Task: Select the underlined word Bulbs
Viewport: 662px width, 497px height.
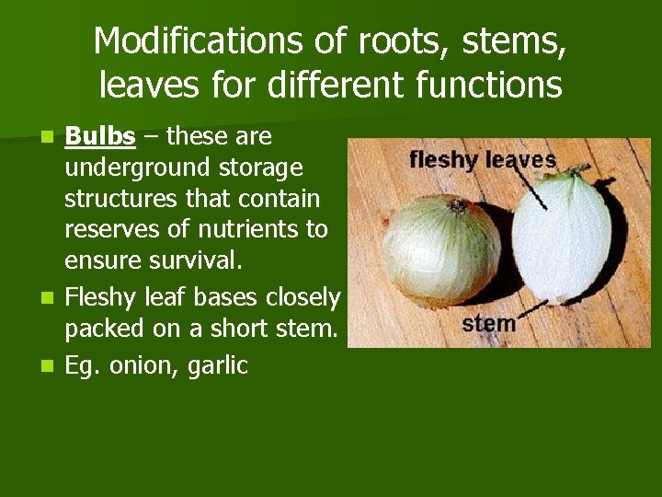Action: [99, 137]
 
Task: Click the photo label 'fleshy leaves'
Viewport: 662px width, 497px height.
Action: [483, 160]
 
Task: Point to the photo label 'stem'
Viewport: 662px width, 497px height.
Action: [488, 324]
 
